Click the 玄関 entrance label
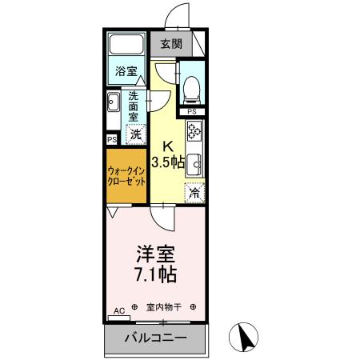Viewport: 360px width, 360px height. [x=170, y=44]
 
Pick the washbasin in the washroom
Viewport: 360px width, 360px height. [x=114, y=102]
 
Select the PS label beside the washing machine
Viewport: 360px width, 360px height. [x=111, y=138]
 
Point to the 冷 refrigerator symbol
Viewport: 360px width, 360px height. [x=194, y=192]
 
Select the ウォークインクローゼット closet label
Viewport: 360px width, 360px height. [x=127, y=176]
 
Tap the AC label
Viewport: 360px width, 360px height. [x=118, y=309]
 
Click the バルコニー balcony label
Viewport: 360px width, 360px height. [x=156, y=339]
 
